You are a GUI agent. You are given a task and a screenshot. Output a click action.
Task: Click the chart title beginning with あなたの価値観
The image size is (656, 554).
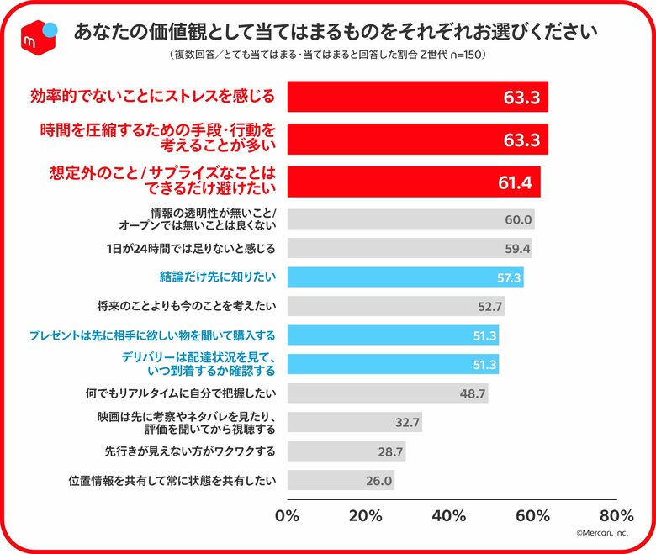(336, 32)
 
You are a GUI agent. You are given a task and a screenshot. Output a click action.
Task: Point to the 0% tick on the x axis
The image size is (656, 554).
(288, 514)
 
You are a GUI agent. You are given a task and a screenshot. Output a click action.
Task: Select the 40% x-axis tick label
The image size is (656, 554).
(452, 514)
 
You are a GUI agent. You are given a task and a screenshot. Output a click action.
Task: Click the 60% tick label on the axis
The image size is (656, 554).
(535, 514)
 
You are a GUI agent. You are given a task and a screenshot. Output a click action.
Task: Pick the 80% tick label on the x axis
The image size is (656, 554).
(616, 514)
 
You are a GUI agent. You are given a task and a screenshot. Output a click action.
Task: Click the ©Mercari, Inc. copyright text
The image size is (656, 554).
(603, 532)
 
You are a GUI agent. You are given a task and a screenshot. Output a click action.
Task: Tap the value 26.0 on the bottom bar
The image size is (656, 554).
(379, 481)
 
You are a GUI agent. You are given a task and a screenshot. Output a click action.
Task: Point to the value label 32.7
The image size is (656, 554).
(407, 422)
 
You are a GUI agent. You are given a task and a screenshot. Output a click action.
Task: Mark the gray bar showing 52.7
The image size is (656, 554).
(396, 306)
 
